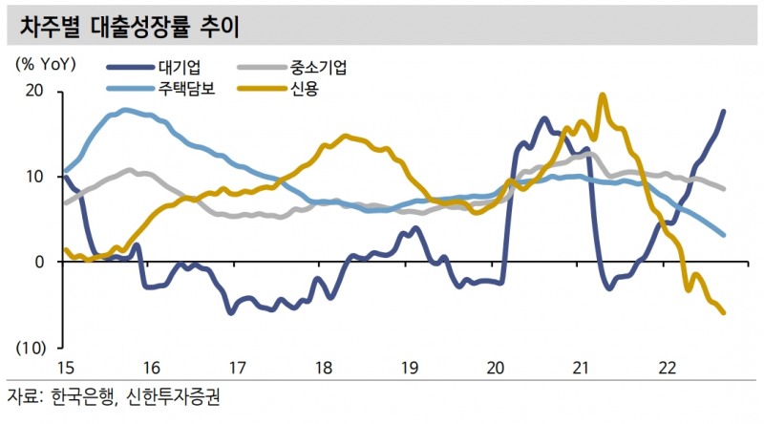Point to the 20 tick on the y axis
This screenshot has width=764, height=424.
pyautogui.click(x=34, y=92)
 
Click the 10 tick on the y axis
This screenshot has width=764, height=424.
pyautogui.click(x=34, y=177)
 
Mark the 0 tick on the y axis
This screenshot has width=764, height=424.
pyautogui.click(x=39, y=262)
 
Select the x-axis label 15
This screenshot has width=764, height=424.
pyautogui.click(x=64, y=368)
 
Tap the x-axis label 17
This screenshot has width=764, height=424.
pyautogui.click(x=236, y=368)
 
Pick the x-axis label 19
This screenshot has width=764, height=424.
pyautogui.click(x=409, y=368)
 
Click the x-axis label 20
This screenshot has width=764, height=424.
pyautogui.click(x=496, y=368)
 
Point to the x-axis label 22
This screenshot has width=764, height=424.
pyautogui.click(x=668, y=368)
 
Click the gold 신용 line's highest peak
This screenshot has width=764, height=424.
pyautogui.click(x=602, y=95)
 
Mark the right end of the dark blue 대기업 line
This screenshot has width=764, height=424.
pyautogui.click(x=723, y=112)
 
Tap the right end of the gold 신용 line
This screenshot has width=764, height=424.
pyautogui.click(x=723, y=312)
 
